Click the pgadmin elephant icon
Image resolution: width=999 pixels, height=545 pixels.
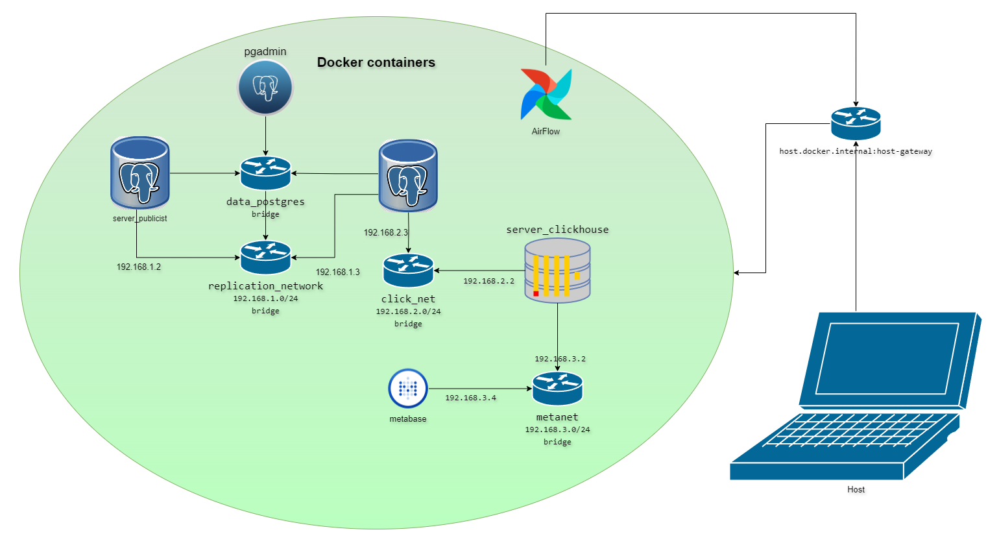tap(265, 88)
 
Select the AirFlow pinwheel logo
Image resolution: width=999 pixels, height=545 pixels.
tap(546, 94)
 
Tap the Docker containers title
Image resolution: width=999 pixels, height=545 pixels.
tap(376, 62)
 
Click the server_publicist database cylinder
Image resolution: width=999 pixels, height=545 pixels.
tap(140, 173)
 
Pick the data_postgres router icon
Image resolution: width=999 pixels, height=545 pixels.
tap(265, 173)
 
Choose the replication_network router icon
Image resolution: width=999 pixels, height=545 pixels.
tap(265, 258)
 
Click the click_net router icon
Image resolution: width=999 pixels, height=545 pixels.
tap(408, 271)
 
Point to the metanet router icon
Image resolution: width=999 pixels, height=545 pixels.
tap(557, 389)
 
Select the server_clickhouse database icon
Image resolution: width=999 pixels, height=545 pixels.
tap(557, 271)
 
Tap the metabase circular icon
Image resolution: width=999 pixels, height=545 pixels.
tap(408, 389)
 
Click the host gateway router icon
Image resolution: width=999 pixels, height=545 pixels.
tap(856, 123)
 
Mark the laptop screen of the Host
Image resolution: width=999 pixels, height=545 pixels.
tap(887, 358)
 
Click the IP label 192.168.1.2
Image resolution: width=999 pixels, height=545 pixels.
tap(139, 267)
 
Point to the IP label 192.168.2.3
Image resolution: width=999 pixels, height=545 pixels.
tap(386, 232)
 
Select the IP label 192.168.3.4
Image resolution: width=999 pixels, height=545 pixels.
tap(470, 398)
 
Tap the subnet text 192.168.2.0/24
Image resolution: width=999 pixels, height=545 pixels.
tap(408, 311)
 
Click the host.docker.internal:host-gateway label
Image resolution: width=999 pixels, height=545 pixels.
tap(856, 151)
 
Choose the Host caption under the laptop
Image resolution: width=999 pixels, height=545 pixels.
tap(856, 490)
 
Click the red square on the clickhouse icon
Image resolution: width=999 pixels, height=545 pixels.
tap(536, 294)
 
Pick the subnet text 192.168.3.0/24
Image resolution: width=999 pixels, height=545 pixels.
tap(557, 430)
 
